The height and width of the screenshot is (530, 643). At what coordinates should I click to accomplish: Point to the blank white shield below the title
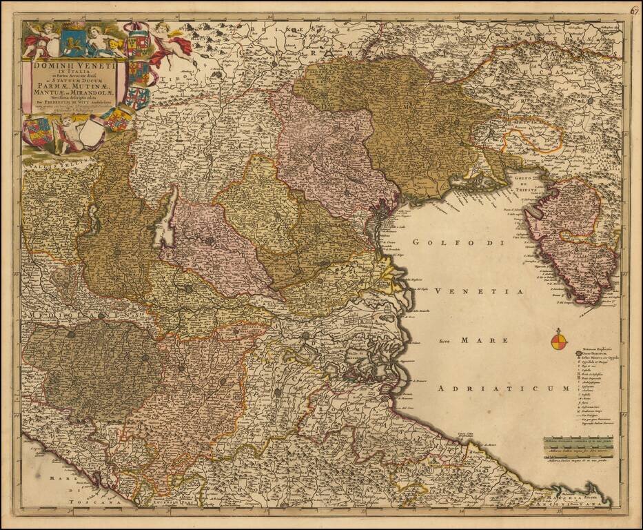point(91,132)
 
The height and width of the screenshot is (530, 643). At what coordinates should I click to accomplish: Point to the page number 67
point(633,10)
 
